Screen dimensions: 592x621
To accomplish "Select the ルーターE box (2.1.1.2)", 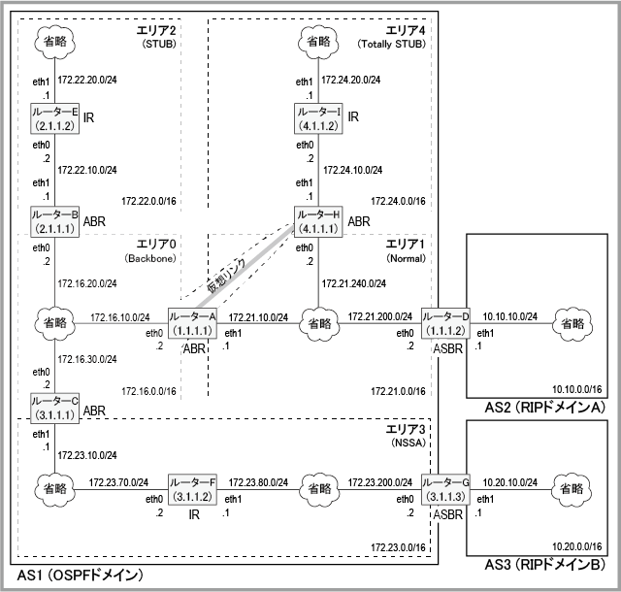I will coord(54,118).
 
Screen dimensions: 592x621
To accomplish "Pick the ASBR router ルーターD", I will coord(445,324).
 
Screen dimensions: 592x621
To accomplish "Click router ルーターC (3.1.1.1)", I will coord(54,407).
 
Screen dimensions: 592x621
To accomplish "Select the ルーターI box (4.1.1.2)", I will coord(318,118).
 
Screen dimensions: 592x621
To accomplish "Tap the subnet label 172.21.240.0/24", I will coord(352,284).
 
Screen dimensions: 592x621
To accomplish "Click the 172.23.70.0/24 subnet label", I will coord(117,481).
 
